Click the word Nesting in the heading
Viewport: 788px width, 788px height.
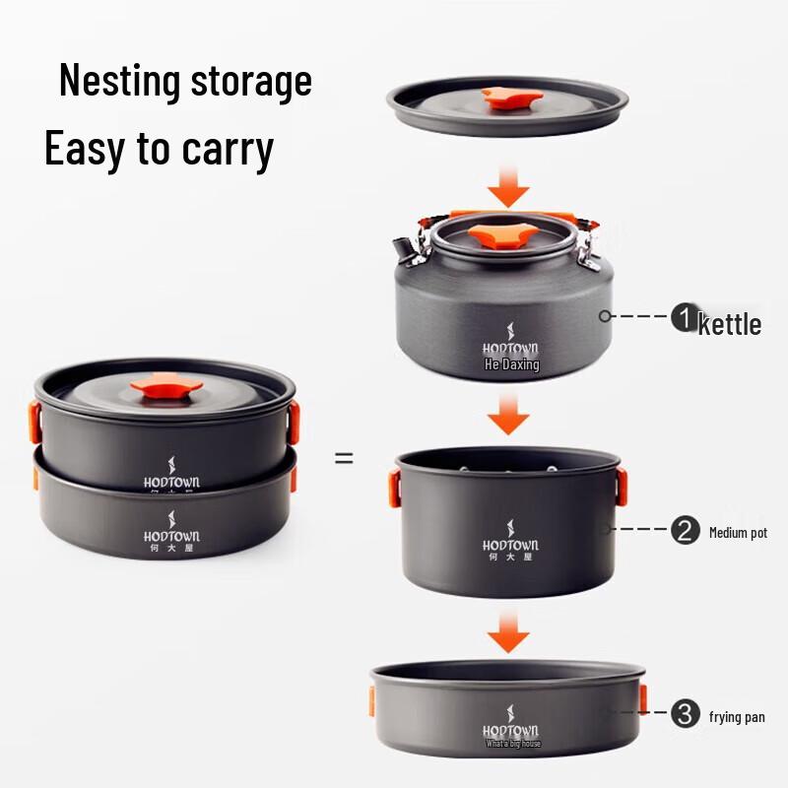pos(120,81)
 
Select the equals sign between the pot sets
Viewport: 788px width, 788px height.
pos(344,457)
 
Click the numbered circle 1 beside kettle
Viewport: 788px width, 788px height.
pos(684,317)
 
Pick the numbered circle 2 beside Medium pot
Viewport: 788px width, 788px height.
pos(685,531)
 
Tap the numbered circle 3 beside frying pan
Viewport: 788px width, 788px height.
pos(685,714)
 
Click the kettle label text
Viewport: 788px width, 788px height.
pos(730,324)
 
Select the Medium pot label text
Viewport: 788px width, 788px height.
pos(738,533)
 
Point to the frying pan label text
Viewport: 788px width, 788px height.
pos(737,717)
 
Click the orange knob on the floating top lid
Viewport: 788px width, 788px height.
pos(508,98)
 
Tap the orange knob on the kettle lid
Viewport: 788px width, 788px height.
pos(502,235)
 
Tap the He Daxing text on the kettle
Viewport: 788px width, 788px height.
pos(511,364)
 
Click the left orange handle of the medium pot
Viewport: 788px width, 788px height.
pos(394,487)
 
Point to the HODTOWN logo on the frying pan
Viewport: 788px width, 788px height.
pos(510,731)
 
